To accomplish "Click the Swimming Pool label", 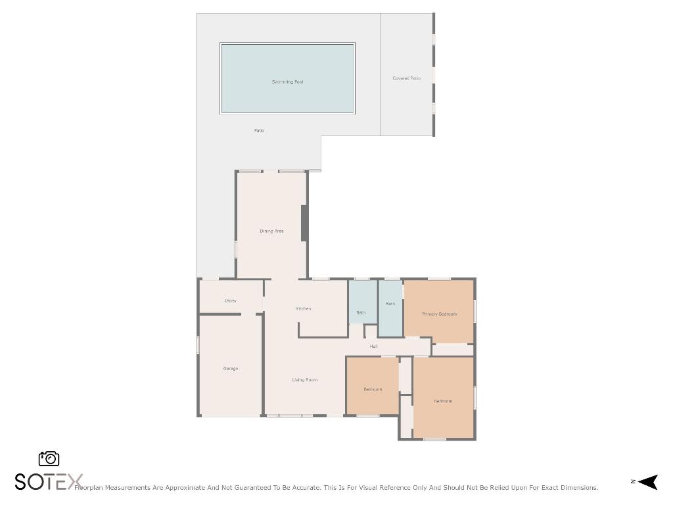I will click(x=287, y=82).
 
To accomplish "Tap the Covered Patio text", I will click(x=406, y=78).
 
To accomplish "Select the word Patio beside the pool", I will click(x=259, y=131).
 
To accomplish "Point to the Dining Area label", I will click(x=271, y=231).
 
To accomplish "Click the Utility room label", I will click(x=230, y=301).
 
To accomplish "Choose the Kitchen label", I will click(x=303, y=308).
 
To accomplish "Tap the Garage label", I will click(x=230, y=369).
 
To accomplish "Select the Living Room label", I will click(x=305, y=380).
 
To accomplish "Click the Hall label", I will click(x=373, y=346).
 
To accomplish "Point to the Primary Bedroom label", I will click(x=439, y=314).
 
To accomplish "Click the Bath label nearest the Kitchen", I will click(x=361, y=313).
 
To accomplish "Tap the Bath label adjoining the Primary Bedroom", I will click(x=390, y=304).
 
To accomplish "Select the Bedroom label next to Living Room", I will click(x=373, y=389).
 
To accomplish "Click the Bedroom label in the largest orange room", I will click(x=443, y=401).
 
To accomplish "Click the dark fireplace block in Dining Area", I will click(x=304, y=223).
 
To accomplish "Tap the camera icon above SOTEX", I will click(x=49, y=458).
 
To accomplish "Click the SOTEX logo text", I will click(x=49, y=482).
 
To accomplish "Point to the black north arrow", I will click(x=647, y=482).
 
